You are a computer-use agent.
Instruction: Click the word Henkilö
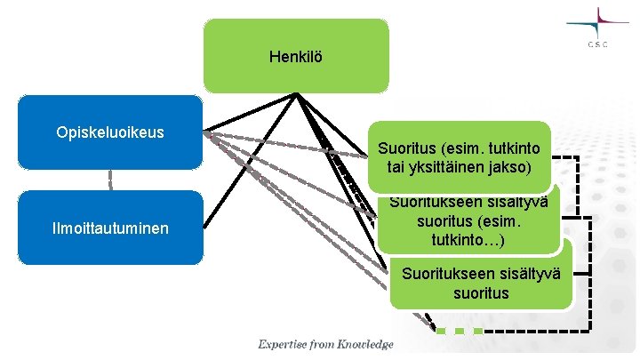[x=296, y=57]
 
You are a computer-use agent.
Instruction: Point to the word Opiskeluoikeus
[x=110, y=132]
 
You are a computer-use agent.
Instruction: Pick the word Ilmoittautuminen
[x=110, y=230]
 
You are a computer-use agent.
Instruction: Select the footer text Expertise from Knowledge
[x=325, y=344]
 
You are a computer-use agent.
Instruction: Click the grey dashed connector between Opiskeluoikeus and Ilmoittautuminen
[x=110, y=180]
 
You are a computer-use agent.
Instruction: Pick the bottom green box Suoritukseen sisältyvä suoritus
[x=481, y=284]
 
